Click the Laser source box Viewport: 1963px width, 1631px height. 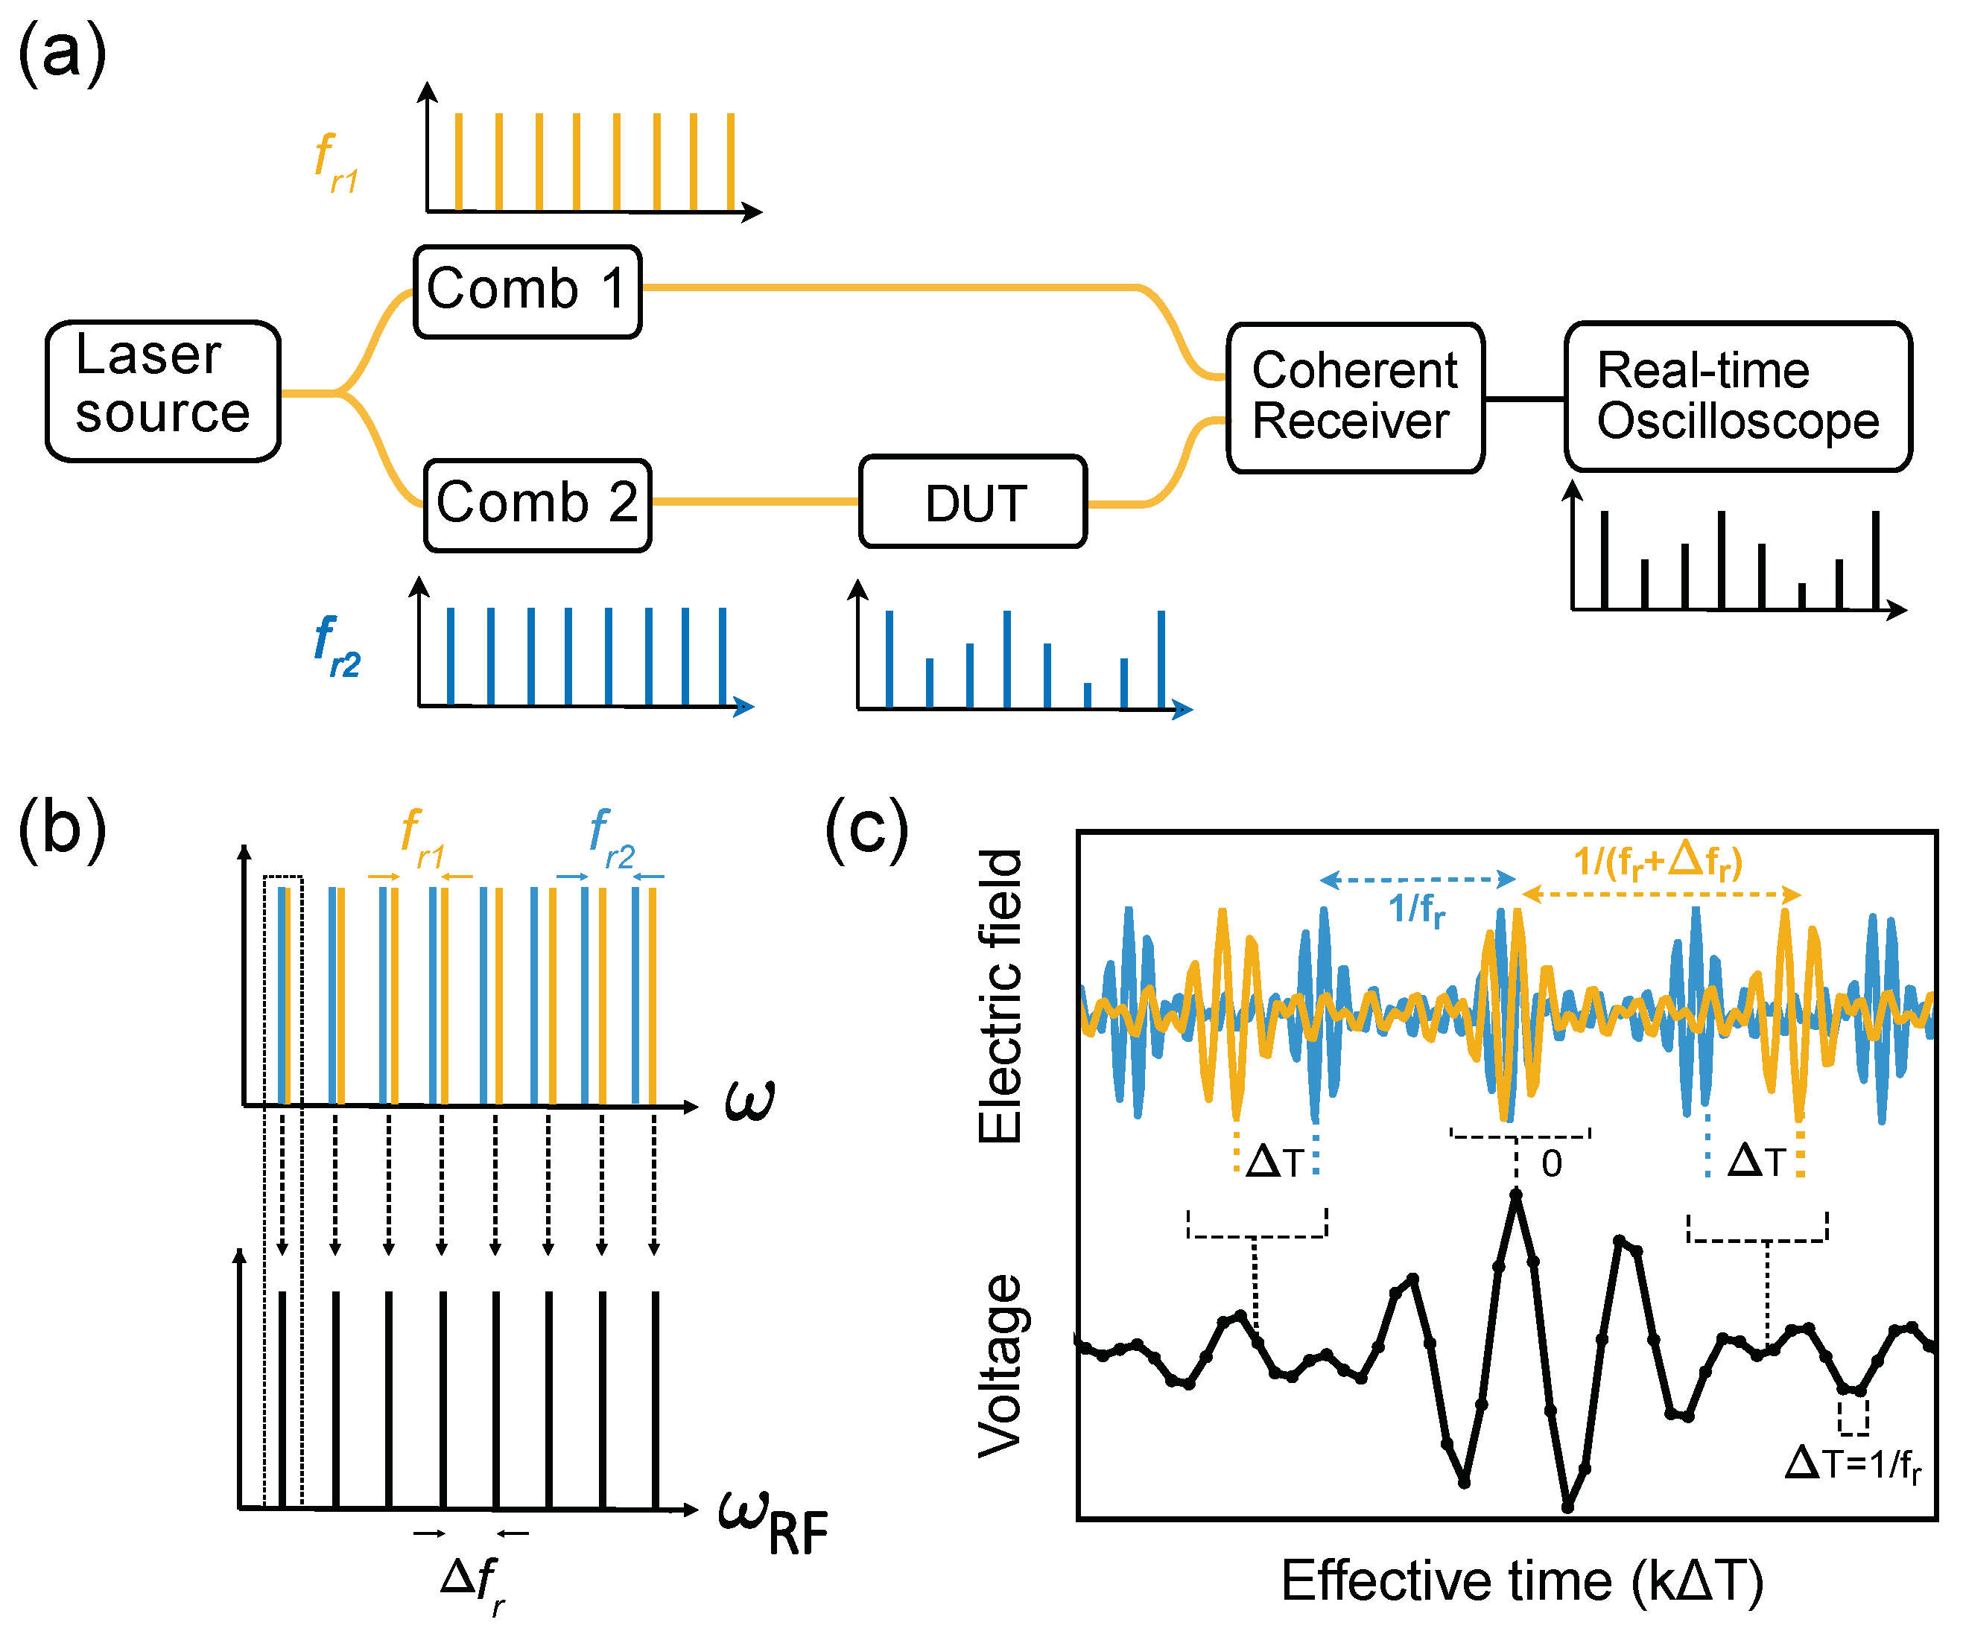162,391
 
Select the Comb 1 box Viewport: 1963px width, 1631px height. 527,290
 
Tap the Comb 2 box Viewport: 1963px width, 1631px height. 537,505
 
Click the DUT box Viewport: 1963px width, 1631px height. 973,502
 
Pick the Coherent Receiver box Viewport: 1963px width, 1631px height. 1354,397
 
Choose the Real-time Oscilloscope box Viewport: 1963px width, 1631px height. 1738,397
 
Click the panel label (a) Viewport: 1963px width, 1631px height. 62,54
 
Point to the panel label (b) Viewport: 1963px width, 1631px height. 62,828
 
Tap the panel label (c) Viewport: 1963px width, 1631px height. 866,828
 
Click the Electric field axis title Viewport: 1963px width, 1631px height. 1000,996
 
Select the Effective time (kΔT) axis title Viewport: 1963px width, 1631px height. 1522,1581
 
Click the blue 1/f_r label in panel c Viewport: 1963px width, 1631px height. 1416,909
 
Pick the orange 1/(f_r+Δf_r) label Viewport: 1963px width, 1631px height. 1658,861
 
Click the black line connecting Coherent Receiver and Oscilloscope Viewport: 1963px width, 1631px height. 1525,399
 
